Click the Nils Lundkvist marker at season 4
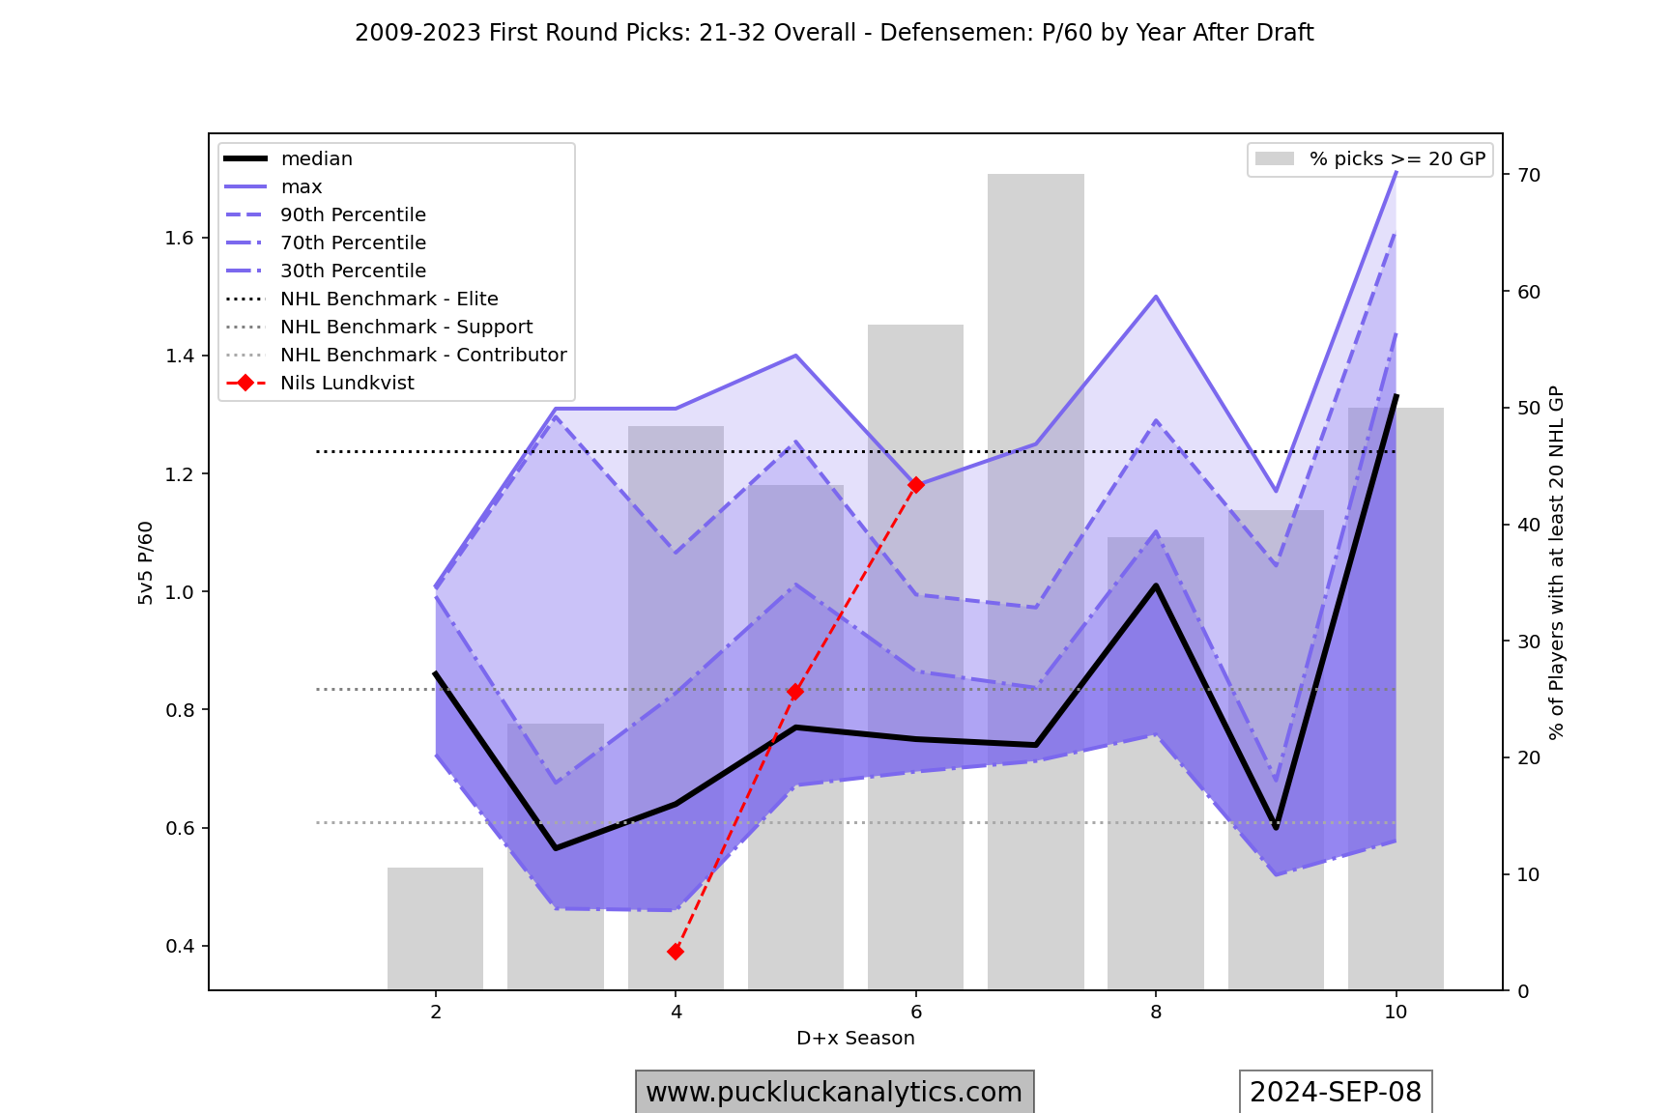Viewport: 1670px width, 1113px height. tap(676, 952)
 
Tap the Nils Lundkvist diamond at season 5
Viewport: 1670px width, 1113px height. tap(795, 692)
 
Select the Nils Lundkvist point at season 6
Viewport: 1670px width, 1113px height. tap(916, 485)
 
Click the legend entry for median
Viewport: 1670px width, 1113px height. tap(316, 158)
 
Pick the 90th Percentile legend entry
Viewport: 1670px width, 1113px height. tap(353, 214)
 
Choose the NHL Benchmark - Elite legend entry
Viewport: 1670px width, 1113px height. tap(389, 299)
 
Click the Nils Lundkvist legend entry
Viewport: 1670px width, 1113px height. tap(347, 383)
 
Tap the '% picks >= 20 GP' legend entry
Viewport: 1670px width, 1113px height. tap(1396, 158)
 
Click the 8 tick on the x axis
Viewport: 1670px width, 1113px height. tap(1156, 1012)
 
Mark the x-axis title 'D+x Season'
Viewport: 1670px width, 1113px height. tap(855, 1038)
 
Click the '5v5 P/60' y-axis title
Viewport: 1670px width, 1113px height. tap(146, 562)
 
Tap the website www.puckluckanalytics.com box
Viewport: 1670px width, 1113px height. tap(834, 1092)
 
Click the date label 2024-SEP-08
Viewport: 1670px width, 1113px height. tap(1336, 1092)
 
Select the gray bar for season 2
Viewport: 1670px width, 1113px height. tap(436, 928)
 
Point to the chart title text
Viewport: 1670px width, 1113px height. tap(834, 33)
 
